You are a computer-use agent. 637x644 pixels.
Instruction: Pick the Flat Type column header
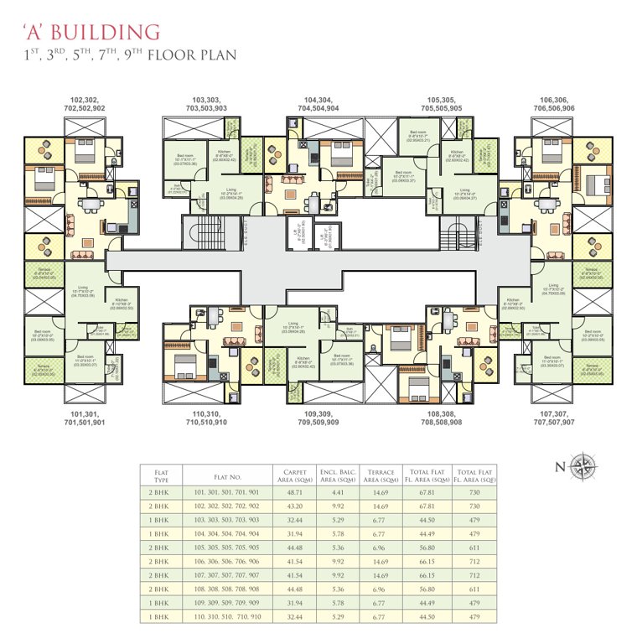tap(159, 475)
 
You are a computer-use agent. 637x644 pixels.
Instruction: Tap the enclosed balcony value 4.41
tap(338, 493)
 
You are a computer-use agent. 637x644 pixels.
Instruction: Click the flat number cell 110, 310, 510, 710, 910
tap(227, 616)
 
